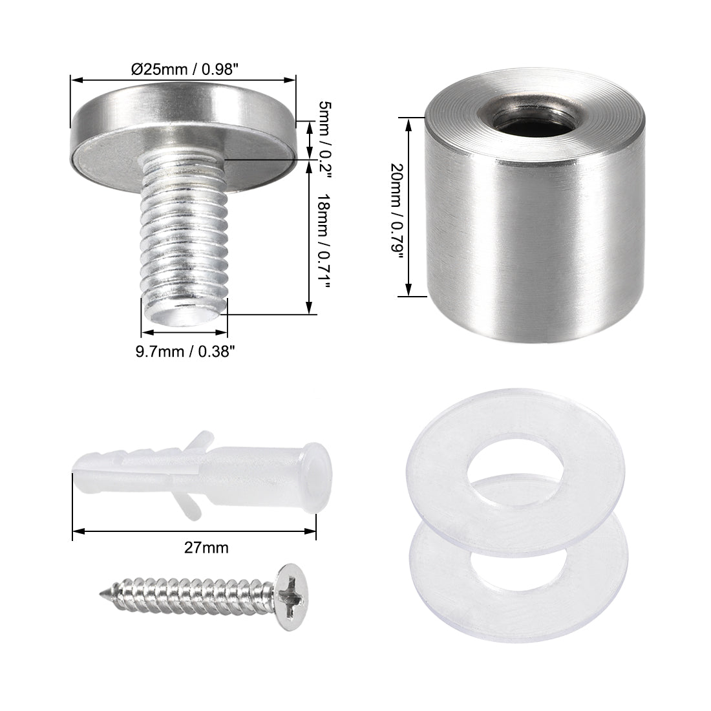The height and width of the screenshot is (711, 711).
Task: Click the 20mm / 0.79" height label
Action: click(x=396, y=207)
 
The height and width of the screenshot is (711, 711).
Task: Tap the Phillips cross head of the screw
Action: click(x=293, y=584)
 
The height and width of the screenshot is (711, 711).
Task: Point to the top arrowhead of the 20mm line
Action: click(x=408, y=121)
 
